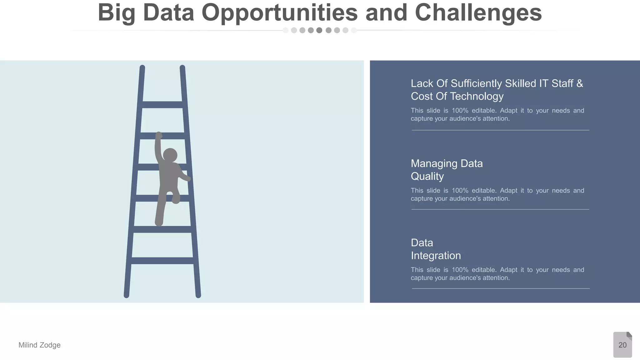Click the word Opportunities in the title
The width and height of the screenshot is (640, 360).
click(279, 13)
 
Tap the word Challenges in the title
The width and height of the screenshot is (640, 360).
click(478, 13)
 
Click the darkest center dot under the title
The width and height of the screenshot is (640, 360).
click(319, 30)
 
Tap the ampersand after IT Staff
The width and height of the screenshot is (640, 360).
click(579, 83)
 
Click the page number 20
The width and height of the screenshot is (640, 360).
click(622, 345)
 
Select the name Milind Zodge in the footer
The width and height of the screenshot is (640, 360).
click(39, 345)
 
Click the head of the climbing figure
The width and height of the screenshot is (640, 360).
click(170, 155)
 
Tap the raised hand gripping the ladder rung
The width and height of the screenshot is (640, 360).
click(159, 135)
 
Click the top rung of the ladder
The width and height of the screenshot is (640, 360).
click(162, 105)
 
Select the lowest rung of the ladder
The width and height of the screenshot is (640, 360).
click(162, 261)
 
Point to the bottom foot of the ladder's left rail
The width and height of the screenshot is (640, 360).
click(127, 295)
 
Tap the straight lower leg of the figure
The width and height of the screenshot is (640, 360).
click(160, 212)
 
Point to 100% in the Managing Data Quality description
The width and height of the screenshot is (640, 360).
click(460, 191)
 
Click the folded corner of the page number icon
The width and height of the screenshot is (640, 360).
click(629, 335)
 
